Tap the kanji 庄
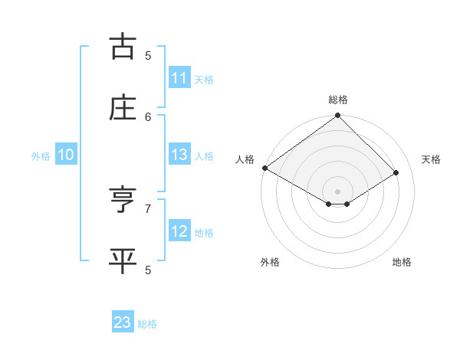pos(123,108)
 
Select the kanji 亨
pos(123,200)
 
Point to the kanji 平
pos(123,261)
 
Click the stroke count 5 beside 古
pos(148,55)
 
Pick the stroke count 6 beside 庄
pos(148,116)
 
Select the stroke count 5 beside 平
pos(148,270)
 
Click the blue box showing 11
pos(179,78)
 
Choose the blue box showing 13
pos(179,155)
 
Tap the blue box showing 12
pos(179,231)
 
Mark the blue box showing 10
pos(66,155)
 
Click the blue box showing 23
pos(123,323)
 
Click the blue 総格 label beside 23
pos(147,324)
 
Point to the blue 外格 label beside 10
pos(41,155)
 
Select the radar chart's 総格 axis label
pos(338,100)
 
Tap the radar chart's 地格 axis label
pos(402,262)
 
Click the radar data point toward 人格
pos(264,168)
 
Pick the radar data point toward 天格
pos(396,173)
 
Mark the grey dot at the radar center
pos(338,191)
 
